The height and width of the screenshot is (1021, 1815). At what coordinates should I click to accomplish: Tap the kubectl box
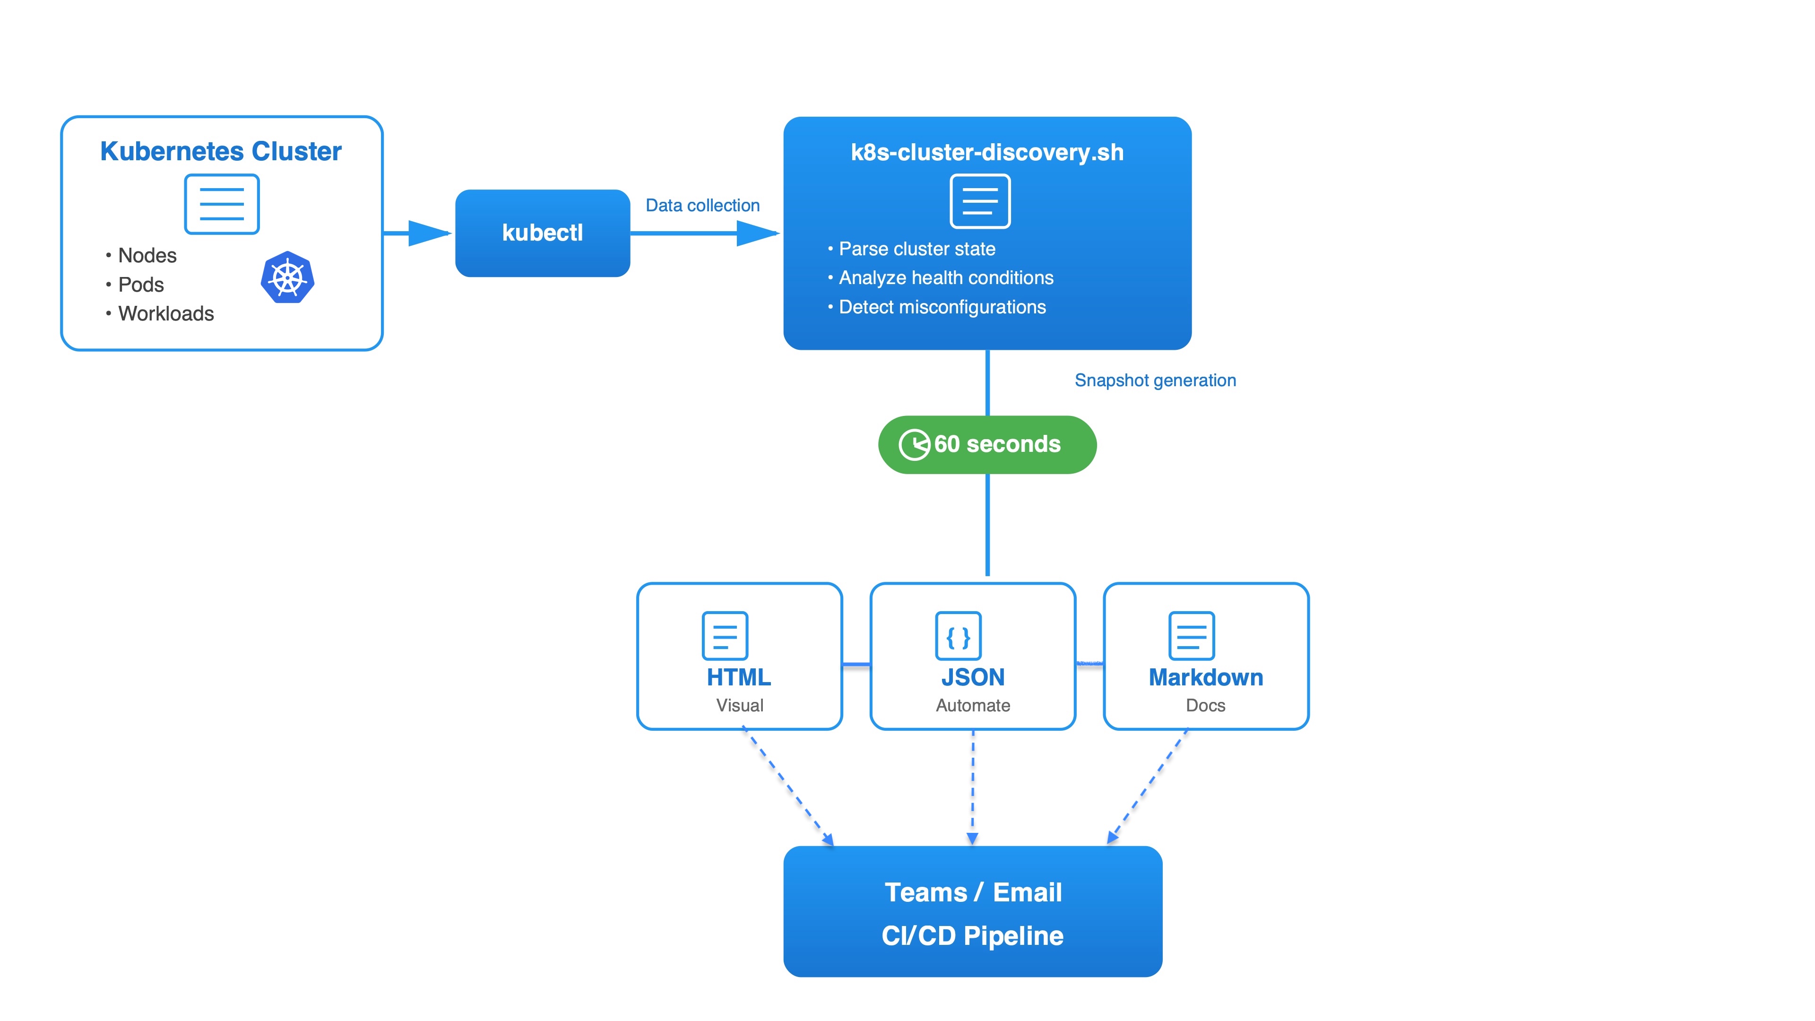pyautogui.click(x=543, y=233)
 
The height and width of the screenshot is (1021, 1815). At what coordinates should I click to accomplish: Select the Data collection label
pyautogui.click(x=702, y=205)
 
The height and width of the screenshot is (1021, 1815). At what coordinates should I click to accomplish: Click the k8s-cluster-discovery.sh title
pyautogui.click(x=987, y=152)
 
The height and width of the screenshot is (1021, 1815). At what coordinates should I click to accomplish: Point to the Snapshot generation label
pyautogui.click(x=1155, y=381)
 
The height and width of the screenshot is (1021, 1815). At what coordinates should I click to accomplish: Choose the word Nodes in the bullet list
pyautogui.click(x=147, y=255)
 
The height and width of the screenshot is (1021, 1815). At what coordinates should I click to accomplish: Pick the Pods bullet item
pyautogui.click(x=141, y=285)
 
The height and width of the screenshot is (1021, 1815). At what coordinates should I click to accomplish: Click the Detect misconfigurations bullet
pyautogui.click(x=942, y=307)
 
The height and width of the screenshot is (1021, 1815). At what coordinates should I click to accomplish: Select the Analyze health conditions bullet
pyautogui.click(x=945, y=277)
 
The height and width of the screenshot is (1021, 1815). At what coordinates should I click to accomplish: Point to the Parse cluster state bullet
pyautogui.click(x=916, y=249)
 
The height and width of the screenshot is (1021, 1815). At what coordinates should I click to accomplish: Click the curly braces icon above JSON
pyautogui.click(x=958, y=636)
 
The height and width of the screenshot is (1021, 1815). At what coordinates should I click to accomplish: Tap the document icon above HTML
pyautogui.click(x=725, y=636)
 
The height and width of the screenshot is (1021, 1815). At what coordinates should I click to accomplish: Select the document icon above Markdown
pyautogui.click(x=1192, y=636)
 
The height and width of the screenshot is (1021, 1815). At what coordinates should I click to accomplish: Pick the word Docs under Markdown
pyautogui.click(x=1206, y=705)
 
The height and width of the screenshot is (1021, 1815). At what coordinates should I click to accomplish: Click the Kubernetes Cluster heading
pyautogui.click(x=221, y=151)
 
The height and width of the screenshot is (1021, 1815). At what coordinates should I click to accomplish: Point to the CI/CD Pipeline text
pyautogui.click(x=972, y=936)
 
